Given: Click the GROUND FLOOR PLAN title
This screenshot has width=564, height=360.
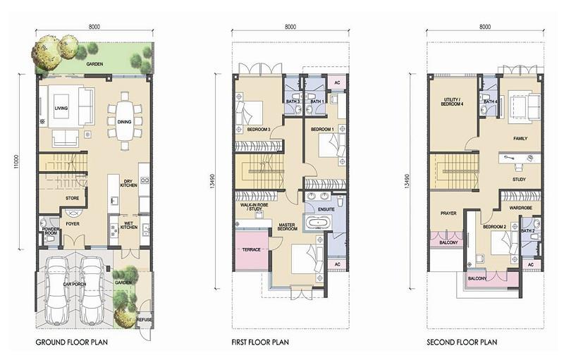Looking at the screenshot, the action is (72, 342).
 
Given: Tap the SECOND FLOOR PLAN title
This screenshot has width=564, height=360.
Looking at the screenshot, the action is (462, 342).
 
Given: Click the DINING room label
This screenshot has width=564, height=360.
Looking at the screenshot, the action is (125, 122).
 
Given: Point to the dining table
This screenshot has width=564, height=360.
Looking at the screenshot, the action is (125, 121).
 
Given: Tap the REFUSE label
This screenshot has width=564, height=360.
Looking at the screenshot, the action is (145, 319).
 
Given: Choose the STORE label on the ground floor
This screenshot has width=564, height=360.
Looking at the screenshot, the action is (73, 198).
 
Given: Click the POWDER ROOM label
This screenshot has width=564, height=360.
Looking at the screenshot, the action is (51, 231).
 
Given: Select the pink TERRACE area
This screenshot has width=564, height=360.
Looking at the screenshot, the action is (252, 250).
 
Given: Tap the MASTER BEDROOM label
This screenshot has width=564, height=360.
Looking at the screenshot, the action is (288, 227).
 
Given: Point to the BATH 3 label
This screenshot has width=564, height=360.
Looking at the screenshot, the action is (293, 101).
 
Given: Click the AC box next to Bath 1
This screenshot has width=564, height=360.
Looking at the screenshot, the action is (337, 82).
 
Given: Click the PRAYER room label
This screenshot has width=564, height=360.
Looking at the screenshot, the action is (448, 213).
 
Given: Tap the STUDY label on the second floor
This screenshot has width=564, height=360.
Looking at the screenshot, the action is (519, 179).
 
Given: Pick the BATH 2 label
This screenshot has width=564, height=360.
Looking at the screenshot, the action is (527, 230).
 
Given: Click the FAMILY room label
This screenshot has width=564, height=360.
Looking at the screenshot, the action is (520, 138).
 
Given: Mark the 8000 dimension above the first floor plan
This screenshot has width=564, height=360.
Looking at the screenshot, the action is (290, 27).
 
